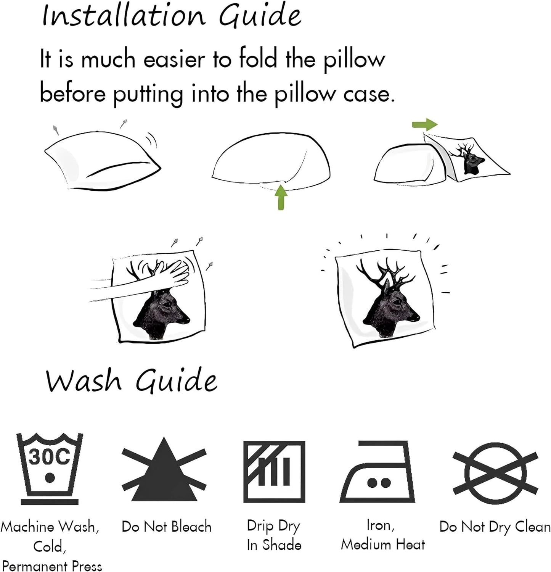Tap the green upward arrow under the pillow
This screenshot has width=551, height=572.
281,197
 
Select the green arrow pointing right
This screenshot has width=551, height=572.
425,124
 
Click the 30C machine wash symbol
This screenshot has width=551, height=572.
50,469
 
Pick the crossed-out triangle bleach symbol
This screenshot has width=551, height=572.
164,470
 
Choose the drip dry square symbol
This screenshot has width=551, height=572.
274,471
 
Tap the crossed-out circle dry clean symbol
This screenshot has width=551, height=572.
495,473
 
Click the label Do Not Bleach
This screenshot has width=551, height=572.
166,527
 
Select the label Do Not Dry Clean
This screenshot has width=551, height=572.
495,527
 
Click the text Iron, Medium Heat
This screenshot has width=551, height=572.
383,535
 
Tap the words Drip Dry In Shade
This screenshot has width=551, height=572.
274,535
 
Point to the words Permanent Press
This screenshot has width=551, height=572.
52,565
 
